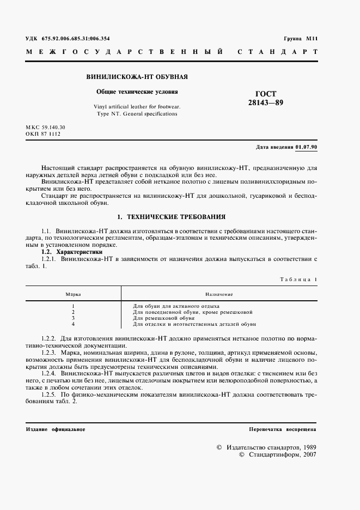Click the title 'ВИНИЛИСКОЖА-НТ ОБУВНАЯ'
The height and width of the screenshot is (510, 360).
point(138,77)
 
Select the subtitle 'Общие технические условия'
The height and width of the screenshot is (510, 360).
point(137,92)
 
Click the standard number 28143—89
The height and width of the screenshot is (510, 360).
point(266,102)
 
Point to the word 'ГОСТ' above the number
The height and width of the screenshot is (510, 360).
point(266,94)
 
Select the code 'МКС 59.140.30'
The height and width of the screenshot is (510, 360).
point(49,127)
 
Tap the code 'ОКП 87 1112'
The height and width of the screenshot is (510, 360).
point(46,133)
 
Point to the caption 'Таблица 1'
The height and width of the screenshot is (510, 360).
point(298,279)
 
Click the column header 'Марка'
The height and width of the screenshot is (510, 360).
point(73,294)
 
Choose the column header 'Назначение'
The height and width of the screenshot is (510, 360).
point(219,294)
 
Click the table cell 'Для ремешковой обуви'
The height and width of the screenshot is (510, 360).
point(164,318)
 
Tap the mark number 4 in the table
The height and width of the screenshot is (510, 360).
point(73,324)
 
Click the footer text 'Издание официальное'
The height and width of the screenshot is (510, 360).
point(56,429)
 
